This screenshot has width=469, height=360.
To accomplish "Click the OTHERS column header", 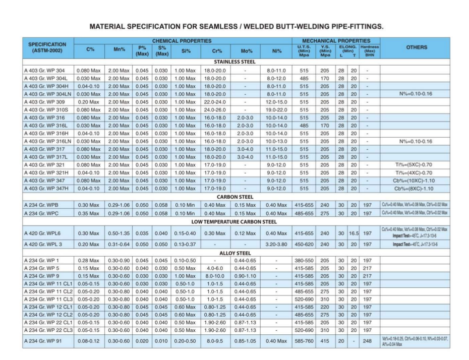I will click(x=416, y=47).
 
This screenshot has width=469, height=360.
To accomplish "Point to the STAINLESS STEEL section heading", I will click(x=234, y=62).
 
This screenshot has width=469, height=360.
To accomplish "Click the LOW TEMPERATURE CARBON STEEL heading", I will click(x=234, y=222).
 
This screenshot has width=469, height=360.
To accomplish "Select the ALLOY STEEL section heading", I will click(x=234, y=253).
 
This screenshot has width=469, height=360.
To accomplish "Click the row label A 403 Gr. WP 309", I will click(x=44, y=101).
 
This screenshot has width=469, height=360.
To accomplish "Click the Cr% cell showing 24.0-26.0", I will click(x=215, y=109).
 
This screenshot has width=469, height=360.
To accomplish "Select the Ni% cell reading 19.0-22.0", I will click(x=276, y=109).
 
